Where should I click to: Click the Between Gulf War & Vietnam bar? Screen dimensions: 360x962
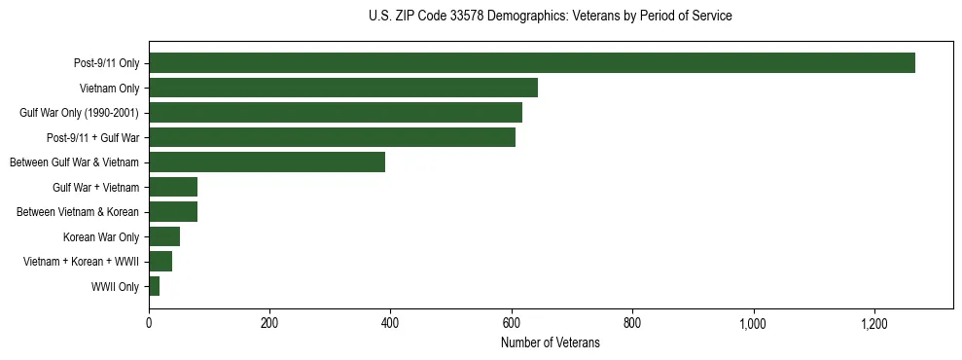[267, 162]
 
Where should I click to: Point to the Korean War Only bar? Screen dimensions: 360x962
[164, 236]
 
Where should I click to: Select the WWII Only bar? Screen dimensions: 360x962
[154, 286]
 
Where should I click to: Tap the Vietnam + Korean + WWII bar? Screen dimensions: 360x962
[160, 261]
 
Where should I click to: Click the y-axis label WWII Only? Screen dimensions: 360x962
[115, 287]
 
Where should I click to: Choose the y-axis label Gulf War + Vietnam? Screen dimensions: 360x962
[95, 187]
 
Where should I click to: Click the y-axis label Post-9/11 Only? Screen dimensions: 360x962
[106, 64]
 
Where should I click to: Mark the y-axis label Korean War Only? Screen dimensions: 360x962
[101, 236]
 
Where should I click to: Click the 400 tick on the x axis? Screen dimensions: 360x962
[390, 323]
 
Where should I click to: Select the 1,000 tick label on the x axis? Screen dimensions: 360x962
[754, 323]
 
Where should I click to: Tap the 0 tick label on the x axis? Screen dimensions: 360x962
[149, 323]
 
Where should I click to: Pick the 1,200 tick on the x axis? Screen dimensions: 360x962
[874, 323]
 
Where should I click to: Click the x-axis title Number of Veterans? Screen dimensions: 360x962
[550, 342]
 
